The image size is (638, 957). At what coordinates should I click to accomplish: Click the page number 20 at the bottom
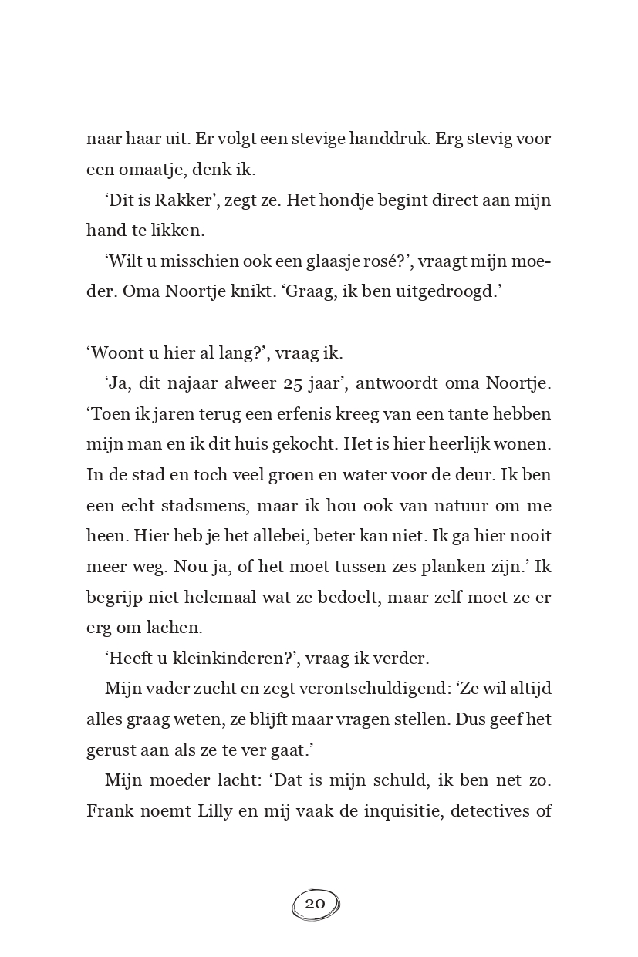pos(315,904)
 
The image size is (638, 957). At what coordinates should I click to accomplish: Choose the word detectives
pos(488,810)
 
